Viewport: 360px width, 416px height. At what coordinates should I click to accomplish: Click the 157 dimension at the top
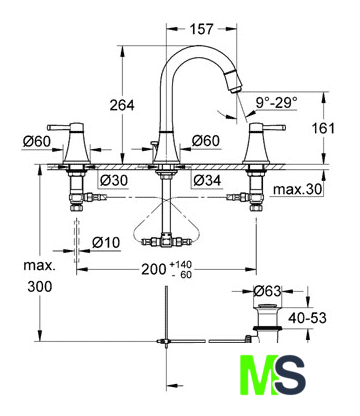point(201,29)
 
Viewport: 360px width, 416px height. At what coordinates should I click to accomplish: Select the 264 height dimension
point(122,105)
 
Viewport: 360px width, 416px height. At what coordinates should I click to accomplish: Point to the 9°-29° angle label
point(277,102)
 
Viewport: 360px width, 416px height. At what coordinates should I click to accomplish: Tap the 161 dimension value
point(323,128)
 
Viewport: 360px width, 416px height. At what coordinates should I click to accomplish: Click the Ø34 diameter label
point(207,181)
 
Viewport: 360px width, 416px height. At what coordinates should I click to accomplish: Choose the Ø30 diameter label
point(114,181)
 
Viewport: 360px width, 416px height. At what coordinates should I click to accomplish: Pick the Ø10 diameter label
point(106,242)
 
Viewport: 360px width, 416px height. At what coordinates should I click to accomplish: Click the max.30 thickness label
point(298,190)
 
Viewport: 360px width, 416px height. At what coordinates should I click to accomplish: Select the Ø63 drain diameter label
point(267,291)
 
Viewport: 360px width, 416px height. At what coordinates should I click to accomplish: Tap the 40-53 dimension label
point(307,318)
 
